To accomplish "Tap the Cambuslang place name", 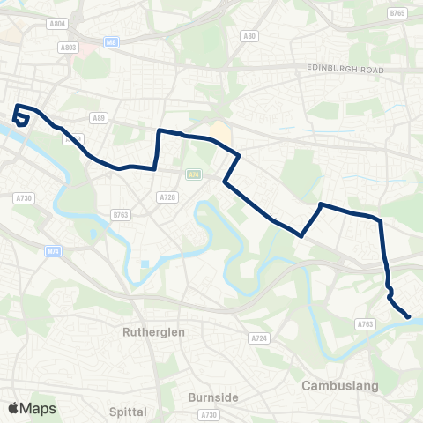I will point(339,385).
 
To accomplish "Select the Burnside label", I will point(213,397).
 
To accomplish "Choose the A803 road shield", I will point(70,48).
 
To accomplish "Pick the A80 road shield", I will point(249,36).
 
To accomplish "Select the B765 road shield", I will point(397,13).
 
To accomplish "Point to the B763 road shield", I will point(121,214).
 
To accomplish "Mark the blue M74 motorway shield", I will point(54,251).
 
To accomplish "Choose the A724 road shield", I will point(258,338).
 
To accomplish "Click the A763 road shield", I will point(365,324).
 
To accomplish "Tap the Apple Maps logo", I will point(31,408).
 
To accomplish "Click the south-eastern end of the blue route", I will point(408,316).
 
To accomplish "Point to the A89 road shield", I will point(99,116).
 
